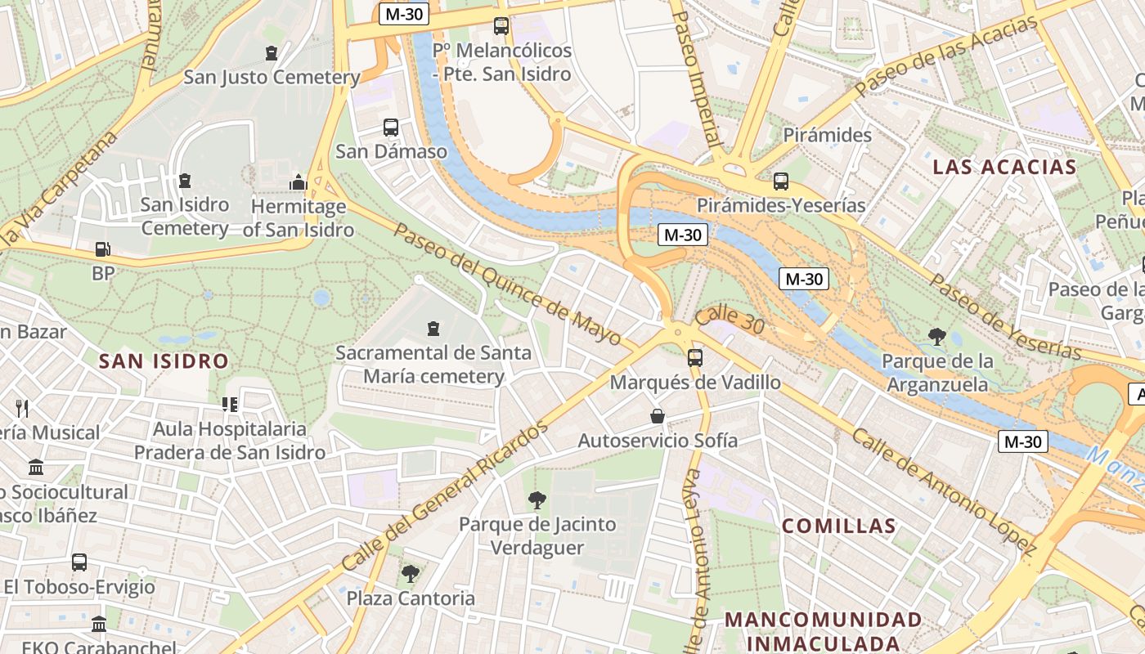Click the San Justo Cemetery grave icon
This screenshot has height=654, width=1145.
coord(272,53)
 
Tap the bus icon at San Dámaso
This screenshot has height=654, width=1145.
coord(391,128)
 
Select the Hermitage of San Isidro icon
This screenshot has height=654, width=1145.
coord(299,182)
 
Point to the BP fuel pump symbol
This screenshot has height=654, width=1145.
coord(102,249)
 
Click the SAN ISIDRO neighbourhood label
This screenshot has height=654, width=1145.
coord(164,361)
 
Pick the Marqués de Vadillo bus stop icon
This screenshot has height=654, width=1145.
coord(695,357)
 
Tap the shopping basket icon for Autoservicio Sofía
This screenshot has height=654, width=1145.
coord(658,416)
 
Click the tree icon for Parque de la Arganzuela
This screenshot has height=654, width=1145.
coord(937,336)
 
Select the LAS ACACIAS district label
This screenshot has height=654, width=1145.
coord(1004,168)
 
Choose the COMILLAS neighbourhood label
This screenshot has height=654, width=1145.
coord(839,526)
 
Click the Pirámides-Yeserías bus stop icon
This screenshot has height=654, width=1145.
coord(781,181)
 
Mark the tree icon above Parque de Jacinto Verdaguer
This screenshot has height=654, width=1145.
coord(537,499)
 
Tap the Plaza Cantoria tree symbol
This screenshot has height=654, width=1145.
coord(411,574)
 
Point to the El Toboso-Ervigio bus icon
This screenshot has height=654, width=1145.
coord(79,562)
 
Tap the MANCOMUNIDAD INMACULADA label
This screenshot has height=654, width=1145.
coord(824,631)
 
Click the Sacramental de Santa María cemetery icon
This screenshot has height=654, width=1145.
coord(433,329)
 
